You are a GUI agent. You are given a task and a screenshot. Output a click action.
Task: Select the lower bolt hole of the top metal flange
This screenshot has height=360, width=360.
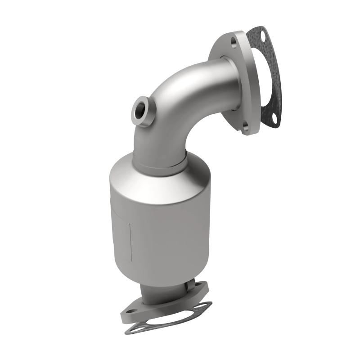click(245, 126)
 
